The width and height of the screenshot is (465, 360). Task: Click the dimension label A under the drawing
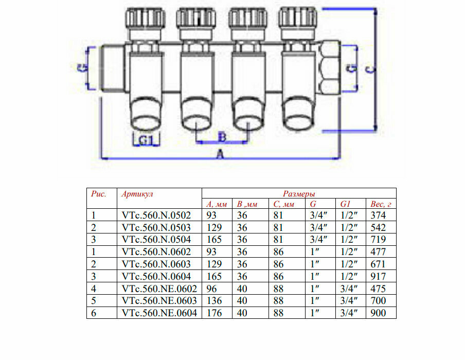221,154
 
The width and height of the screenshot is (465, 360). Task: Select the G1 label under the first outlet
146,139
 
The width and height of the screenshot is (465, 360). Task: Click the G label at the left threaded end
84,67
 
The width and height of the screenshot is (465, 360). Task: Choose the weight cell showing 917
378,277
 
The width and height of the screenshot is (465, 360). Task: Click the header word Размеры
298,194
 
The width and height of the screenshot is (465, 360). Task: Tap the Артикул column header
137,194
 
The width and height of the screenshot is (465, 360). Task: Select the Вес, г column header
381,204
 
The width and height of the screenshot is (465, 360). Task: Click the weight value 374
378,215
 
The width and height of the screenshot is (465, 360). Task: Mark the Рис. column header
98,194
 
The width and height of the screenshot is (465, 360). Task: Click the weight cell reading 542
378,228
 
